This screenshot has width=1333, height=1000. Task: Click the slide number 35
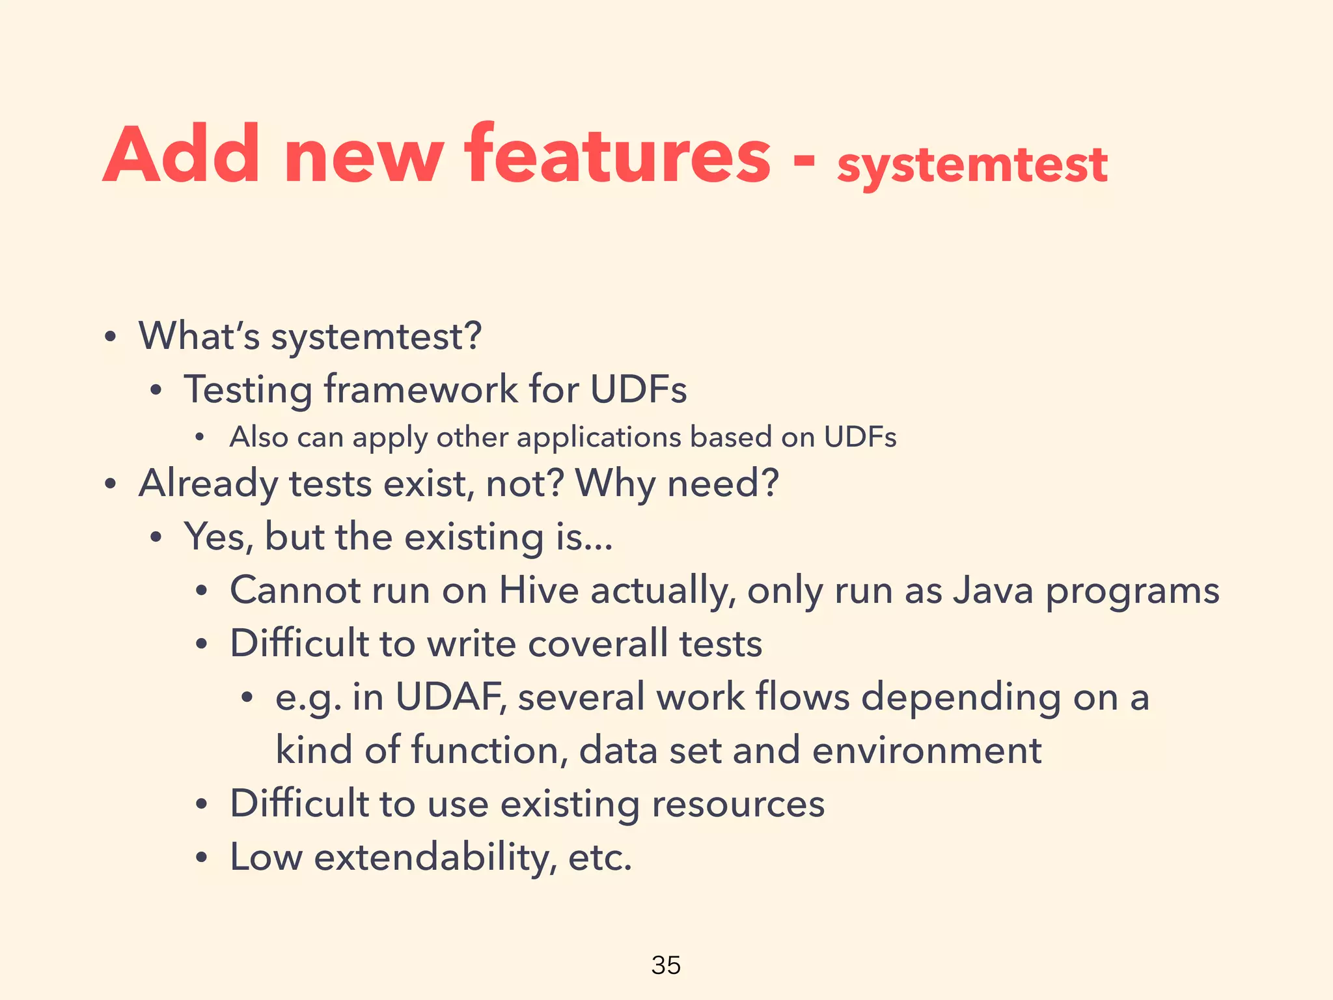coord(666,965)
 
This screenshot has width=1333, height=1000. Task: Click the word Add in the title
coord(182,155)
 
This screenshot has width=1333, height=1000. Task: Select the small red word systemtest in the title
coord(972,165)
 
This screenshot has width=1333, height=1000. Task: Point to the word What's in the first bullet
coord(199,336)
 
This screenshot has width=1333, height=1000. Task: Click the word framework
coord(420,389)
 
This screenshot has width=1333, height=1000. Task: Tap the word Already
coord(208,484)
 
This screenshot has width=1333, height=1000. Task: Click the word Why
coord(615,484)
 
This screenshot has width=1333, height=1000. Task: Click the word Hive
coord(539,590)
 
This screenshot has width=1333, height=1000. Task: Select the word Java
coord(993,590)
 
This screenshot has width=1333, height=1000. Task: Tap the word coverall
coord(598,643)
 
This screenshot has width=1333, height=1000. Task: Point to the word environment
coord(927,750)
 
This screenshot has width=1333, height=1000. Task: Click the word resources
coord(738,803)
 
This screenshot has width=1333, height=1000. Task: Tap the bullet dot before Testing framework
coord(156,391)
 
